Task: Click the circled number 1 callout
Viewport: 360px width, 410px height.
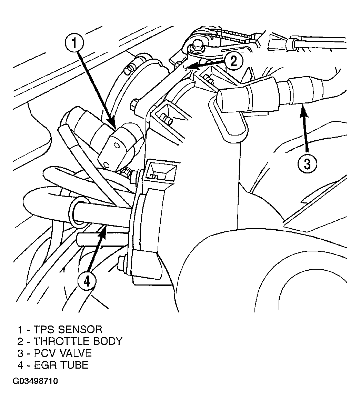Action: pyautogui.click(x=74, y=43)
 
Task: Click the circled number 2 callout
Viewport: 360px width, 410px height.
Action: pyautogui.click(x=233, y=61)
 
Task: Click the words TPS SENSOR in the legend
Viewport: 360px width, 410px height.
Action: pyautogui.click(x=68, y=329)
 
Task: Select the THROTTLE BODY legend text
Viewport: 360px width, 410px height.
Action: pyautogui.click(x=78, y=341)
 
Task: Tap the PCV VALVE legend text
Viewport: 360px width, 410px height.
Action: pyautogui.click(x=62, y=353)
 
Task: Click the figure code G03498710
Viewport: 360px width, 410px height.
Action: pyautogui.click(x=35, y=381)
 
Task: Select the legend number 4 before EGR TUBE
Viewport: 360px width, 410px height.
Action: pyautogui.click(x=20, y=364)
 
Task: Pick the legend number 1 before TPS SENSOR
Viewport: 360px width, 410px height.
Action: pyautogui.click(x=20, y=329)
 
